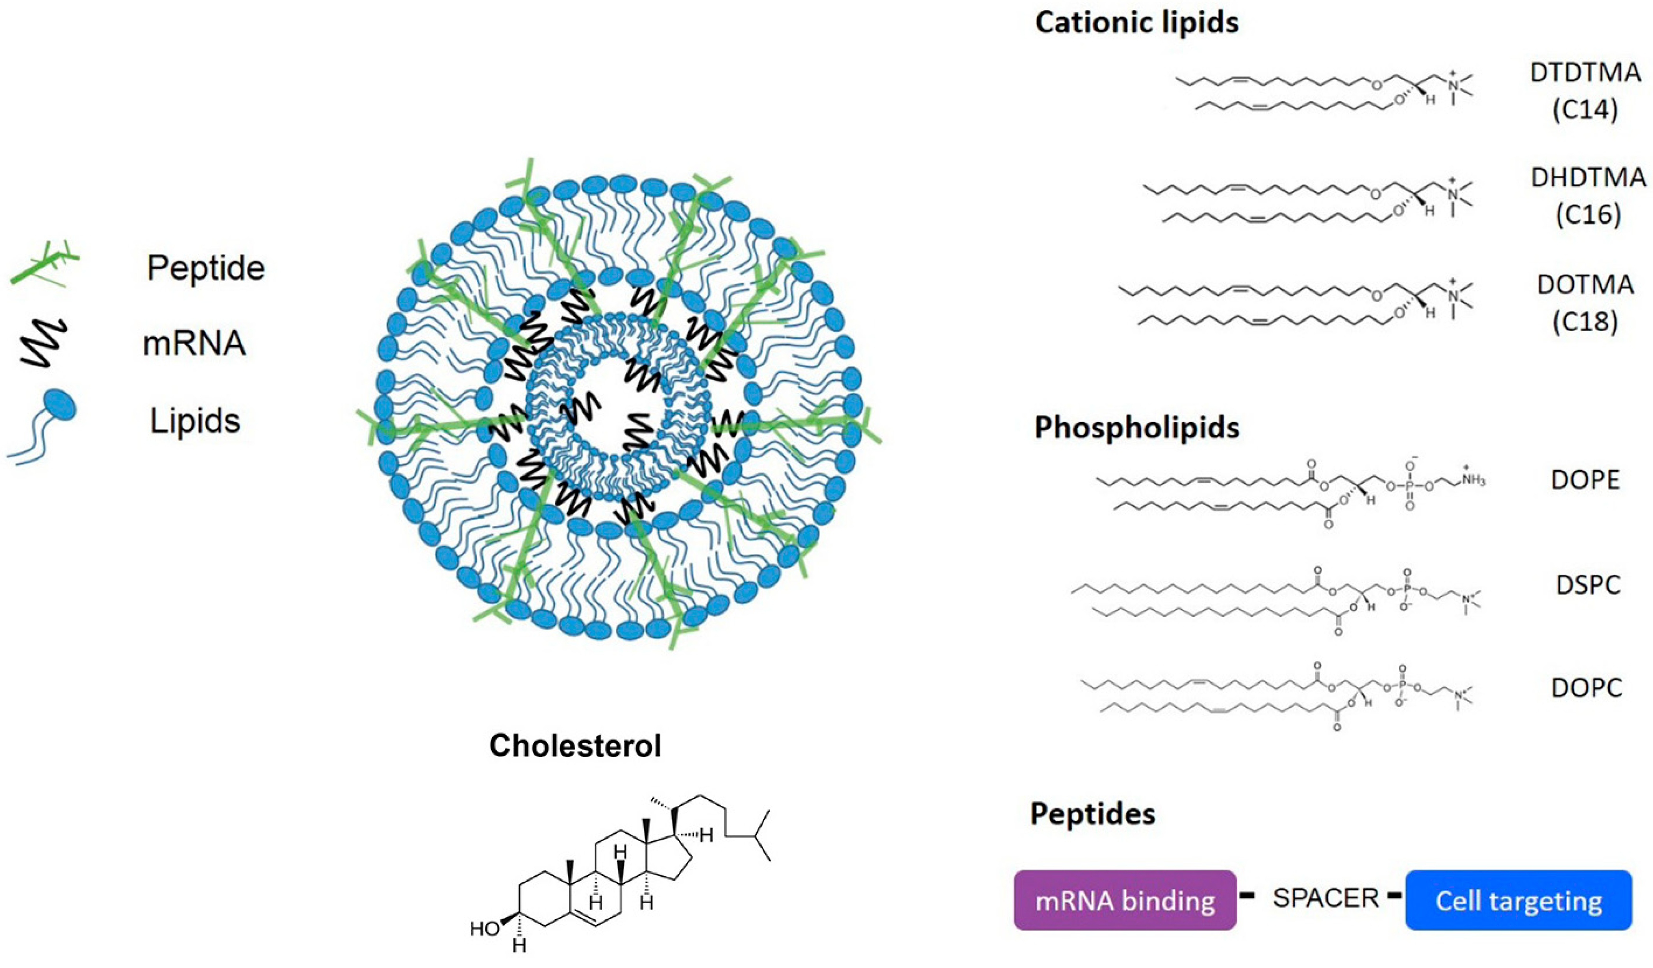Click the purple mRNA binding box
1124,900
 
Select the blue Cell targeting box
1518,900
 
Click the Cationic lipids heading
1137,23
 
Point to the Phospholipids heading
1137,427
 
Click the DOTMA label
1585,285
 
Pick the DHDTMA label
1588,178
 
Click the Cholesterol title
575,746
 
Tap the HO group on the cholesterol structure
485,929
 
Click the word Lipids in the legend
195,420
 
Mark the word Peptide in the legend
205,268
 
